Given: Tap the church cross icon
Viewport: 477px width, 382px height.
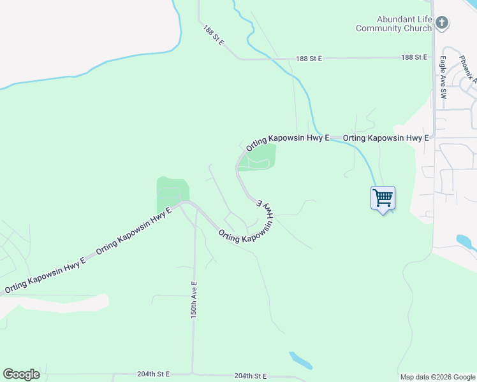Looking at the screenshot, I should point(442,24).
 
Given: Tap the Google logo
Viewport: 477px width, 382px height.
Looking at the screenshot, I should point(21,374).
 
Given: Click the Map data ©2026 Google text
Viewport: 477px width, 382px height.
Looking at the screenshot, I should point(438,377).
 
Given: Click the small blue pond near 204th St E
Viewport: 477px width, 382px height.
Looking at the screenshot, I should point(300,360).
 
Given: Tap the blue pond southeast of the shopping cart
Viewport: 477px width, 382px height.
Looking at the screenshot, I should point(466,243).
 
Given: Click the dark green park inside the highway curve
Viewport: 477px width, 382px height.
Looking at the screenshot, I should point(258,157).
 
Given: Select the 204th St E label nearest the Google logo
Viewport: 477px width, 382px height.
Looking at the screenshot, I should point(154,374).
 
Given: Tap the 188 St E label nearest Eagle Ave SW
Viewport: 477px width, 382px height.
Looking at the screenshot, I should point(414,57).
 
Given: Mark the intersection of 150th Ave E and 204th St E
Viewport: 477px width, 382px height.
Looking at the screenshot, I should point(193,374).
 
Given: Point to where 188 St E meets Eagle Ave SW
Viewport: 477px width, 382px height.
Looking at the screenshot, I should point(434,57).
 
